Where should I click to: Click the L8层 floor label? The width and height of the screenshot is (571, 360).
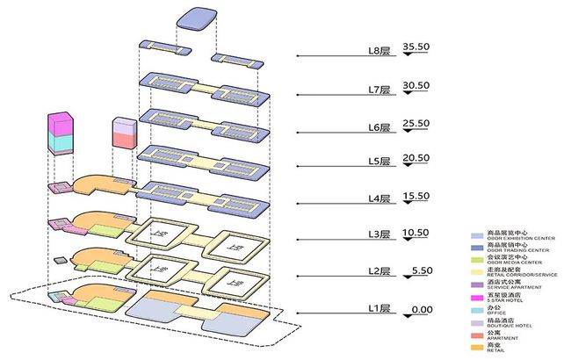(379, 52)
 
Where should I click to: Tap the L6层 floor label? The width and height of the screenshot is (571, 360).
(379, 127)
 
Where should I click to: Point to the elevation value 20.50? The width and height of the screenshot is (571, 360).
(416, 158)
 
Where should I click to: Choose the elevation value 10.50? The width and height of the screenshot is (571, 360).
(416, 233)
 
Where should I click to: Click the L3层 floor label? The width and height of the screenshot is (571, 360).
(379, 235)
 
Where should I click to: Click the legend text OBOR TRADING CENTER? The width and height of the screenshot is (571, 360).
(512, 250)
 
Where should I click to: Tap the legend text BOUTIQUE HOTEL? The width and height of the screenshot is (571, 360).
(508, 326)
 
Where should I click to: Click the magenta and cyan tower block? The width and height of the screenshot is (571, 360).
(61, 133)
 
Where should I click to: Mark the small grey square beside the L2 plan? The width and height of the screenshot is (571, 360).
(59, 261)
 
